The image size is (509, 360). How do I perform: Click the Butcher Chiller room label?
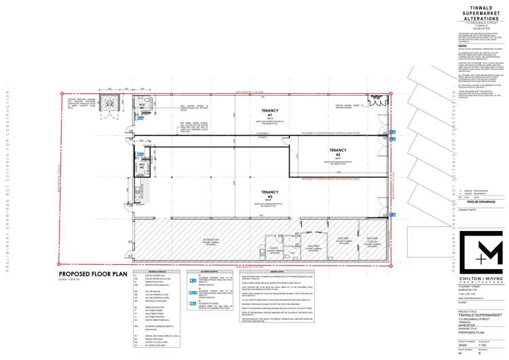click(x=371, y=240)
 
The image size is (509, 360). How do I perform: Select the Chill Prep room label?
click(x=313, y=246)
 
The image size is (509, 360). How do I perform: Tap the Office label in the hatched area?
click(x=274, y=249)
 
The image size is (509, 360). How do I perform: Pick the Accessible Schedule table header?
click(x=206, y=270)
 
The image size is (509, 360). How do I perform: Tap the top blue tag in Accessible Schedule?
click(x=192, y=279)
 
